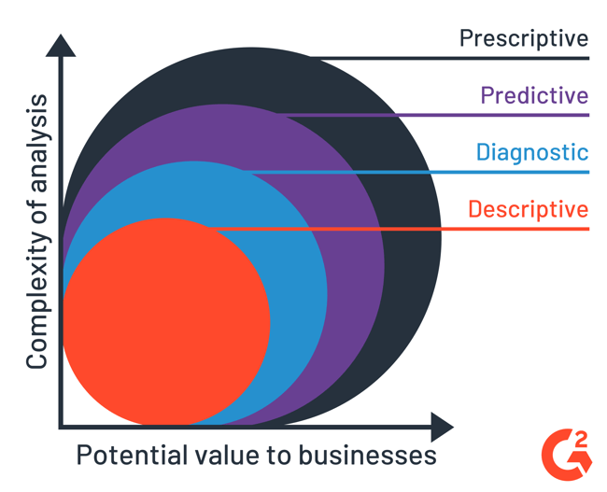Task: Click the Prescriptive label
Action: (524, 38)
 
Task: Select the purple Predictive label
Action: (534, 95)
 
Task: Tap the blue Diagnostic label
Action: (532, 152)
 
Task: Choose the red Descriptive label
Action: (529, 209)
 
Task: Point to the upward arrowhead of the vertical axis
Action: (61, 45)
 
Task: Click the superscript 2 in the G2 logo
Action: (582, 438)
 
